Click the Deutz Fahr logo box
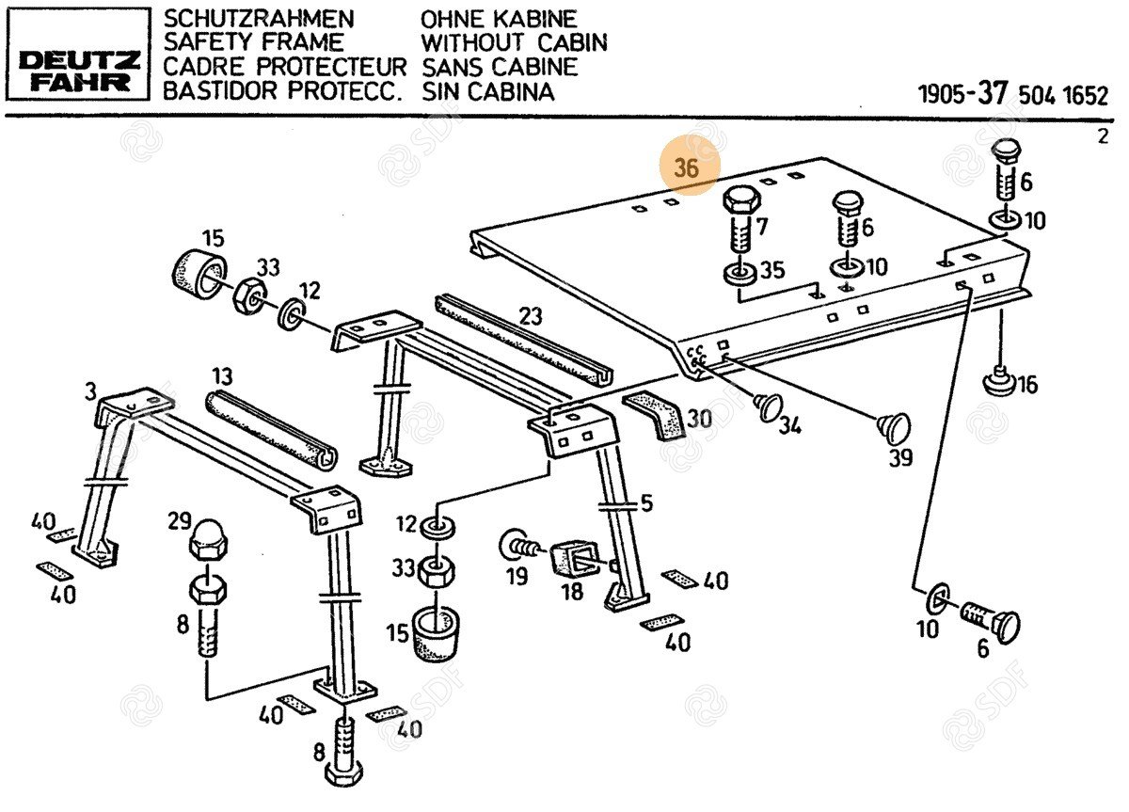click(78, 54)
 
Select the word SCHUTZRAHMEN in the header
click(246, 19)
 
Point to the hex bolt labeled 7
click(740, 221)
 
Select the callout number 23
click(531, 316)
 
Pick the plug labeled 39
click(893, 426)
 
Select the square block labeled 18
click(571, 558)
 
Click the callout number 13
click(221, 377)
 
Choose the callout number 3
click(90, 390)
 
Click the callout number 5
click(645, 503)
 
